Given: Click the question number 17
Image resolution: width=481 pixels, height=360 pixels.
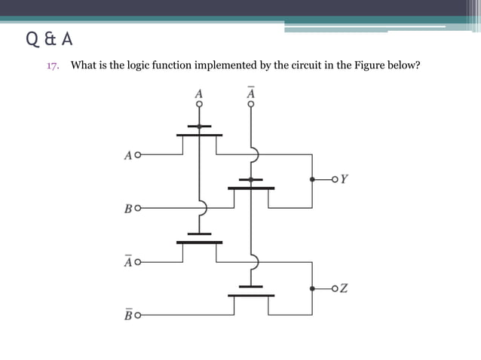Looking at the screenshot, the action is point(53,66).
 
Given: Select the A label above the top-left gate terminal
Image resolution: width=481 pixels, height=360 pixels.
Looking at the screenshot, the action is point(199,94).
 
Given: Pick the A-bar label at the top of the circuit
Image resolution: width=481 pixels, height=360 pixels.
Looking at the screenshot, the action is point(251,93).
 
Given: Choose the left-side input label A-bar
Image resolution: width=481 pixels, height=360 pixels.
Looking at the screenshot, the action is point(127,262).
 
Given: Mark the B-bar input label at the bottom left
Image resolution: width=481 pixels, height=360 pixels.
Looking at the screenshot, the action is point(127,314).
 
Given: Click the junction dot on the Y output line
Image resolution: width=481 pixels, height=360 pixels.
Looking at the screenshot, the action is point(312,179).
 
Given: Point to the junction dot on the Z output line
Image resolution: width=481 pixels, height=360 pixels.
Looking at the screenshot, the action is point(312,288).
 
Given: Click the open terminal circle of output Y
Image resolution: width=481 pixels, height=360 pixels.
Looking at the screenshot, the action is point(335,179).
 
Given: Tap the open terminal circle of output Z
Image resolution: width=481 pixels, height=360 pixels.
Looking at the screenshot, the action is point(335,288).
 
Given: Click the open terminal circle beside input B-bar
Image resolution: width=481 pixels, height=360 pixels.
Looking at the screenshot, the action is point(137,314).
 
